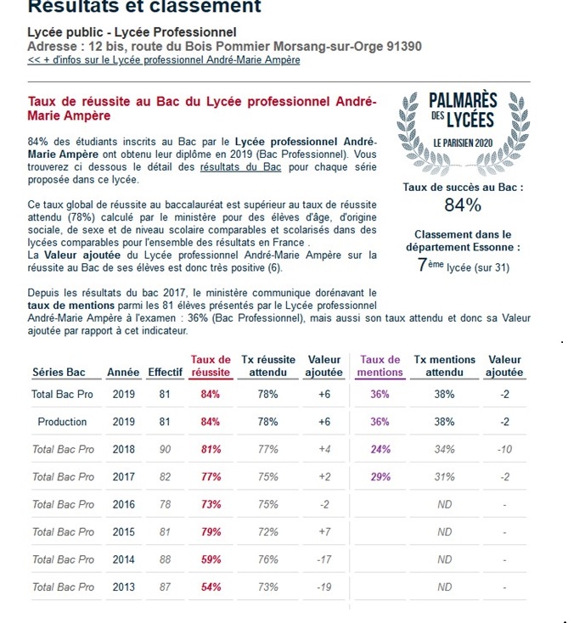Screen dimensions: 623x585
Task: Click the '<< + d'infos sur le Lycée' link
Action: [164, 60]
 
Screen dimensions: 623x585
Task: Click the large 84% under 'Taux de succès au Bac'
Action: [463, 205]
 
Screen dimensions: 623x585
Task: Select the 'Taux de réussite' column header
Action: [211, 366]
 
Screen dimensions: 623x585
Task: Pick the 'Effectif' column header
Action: [165, 373]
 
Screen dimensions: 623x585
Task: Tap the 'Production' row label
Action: [62, 422]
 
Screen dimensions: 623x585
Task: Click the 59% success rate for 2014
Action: [211, 559]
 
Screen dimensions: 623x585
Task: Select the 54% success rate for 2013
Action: [211, 587]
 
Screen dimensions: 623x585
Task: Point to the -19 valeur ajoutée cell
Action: [323, 587]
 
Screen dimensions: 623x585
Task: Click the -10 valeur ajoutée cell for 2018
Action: [504, 449]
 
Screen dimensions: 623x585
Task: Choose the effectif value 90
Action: [165, 449]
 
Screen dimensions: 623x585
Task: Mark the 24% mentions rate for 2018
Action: [380, 449]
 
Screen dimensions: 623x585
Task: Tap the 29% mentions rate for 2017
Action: [380, 477]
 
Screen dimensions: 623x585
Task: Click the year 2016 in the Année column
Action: [124, 504]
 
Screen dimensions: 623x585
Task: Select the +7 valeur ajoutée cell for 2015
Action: [323, 532]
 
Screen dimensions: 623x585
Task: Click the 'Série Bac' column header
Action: [59, 373]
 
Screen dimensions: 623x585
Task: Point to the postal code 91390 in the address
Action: [400, 46]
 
